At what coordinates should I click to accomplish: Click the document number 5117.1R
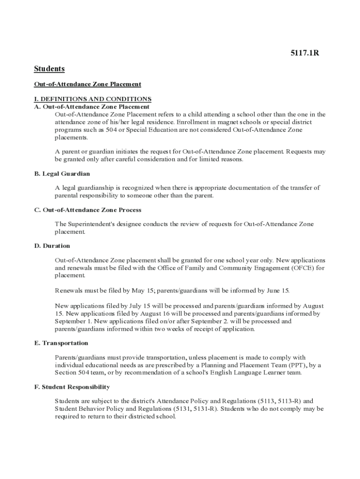[x=305, y=52]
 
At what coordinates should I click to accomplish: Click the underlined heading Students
[x=49, y=69]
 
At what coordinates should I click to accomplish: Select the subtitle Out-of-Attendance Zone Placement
[x=87, y=84]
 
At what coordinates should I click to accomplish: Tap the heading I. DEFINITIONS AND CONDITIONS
[x=93, y=99]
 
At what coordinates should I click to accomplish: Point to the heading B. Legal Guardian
[x=62, y=174]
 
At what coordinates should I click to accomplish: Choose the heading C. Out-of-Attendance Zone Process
[x=87, y=210]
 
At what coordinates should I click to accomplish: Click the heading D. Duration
[x=52, y=246]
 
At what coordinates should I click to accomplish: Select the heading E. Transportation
[x=61, y=343]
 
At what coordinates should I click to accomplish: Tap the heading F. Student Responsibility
[x=72, y=387]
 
